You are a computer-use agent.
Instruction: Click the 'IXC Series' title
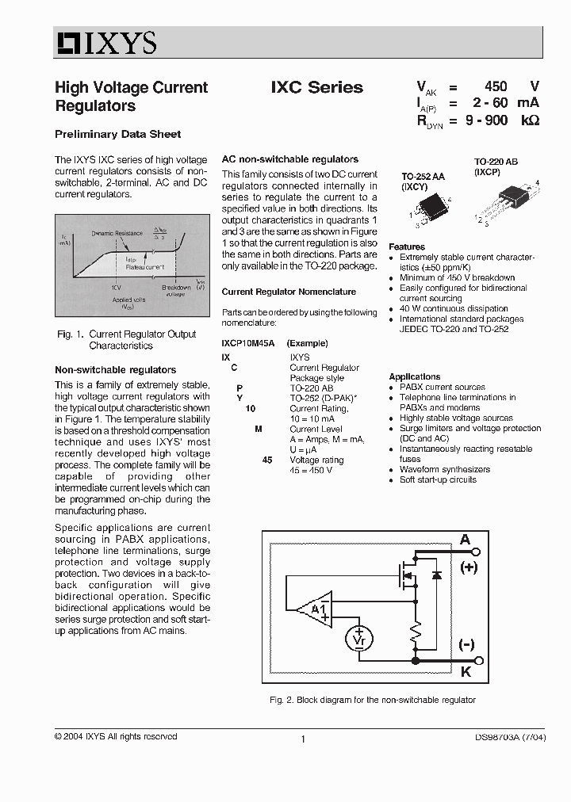click(316, 87)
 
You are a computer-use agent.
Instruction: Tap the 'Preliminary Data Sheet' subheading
click(117, 134)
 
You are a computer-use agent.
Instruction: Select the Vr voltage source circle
click(358, 637)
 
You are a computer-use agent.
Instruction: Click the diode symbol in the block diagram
click(435, 575)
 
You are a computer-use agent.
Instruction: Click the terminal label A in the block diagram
click(466, 540)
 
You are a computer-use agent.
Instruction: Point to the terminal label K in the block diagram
click(466, 671)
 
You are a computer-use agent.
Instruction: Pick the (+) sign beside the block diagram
click(469, 567)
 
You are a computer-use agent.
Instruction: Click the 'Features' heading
click(407, 247)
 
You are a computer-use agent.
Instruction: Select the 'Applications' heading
click(414, 376)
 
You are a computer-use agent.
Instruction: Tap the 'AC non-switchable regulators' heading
click(289, 159)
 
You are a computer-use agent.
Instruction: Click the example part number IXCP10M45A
click(247, 343)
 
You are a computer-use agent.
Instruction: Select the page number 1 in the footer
click(303, 739)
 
